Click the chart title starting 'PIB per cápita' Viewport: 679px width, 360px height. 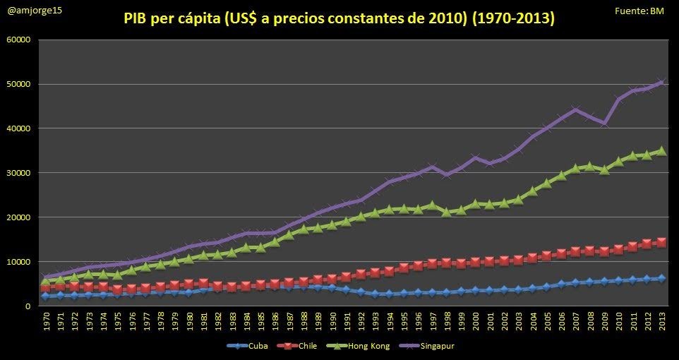click(x=339, y=19)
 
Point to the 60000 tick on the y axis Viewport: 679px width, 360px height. click(x=18, y=40)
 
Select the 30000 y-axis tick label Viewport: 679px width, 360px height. click(x=18, y=173)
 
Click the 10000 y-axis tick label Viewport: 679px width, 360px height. click(x=18, y=262)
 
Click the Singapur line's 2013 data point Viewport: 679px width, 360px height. click(x=661, y=82)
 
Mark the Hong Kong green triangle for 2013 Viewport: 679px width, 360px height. click(x=661, y=150)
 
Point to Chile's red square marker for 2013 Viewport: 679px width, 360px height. click(x=661, y=242)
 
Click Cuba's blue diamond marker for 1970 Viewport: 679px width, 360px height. click(x=46, y=296)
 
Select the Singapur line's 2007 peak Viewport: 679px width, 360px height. click(x=575, y=109)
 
